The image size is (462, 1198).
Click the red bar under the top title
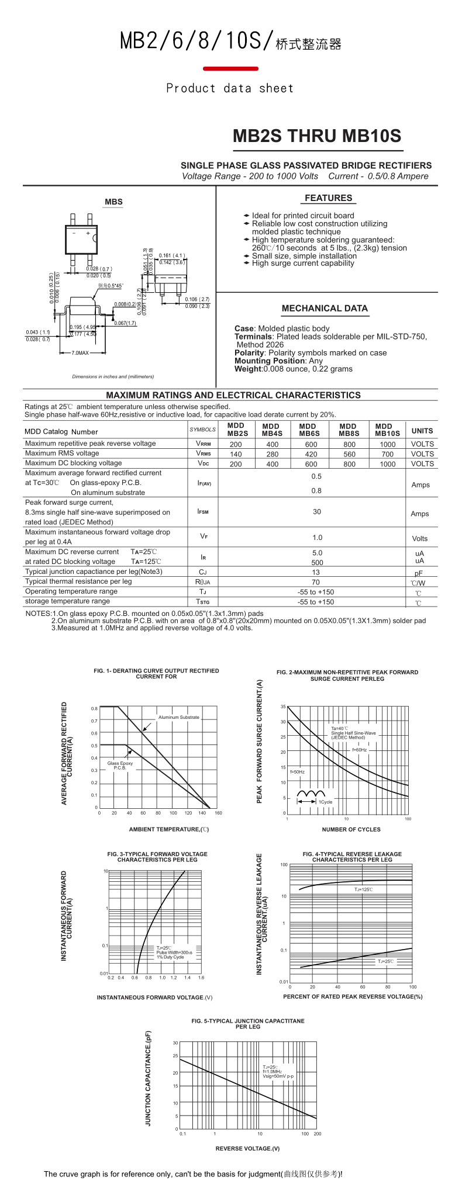pos(230,69)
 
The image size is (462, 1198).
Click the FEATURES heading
pos(328,198)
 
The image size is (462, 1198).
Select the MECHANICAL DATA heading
pos(325,309)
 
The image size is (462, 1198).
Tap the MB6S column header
pos(309,430)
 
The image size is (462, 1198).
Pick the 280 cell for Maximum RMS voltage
pos(272,454)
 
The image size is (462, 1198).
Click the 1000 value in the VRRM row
pos(387,444)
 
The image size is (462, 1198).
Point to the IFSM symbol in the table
pos(203,512)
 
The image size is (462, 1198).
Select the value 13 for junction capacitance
pos(316,572)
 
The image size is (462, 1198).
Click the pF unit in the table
pos(419,573)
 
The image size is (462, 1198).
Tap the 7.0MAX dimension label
pos(80,353)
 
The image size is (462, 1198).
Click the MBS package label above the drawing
pos(113,202)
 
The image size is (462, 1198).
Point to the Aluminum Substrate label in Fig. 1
pos(178,717)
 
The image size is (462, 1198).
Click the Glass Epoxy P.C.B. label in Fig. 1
pos(120,766)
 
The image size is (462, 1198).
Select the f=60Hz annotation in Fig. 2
pos(359,750)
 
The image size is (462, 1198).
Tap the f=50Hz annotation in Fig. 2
pos(297,772)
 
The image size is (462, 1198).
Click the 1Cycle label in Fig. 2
pos(325,802)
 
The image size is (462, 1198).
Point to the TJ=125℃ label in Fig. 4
pos(363,889)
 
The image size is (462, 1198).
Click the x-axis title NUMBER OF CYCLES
pos(351,829)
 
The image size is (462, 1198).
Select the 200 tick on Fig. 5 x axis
pos(318,1134)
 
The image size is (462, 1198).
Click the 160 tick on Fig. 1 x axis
pos(218,813)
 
